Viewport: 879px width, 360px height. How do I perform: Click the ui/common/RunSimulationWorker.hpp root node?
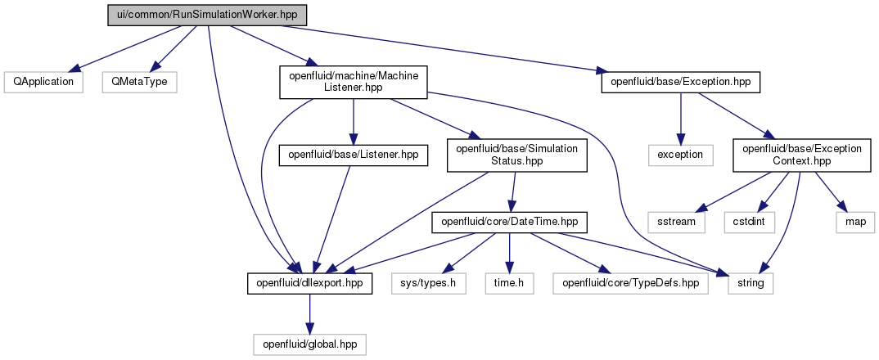click(x=207, y=15)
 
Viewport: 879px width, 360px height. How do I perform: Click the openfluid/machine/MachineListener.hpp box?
click(x=354, y=83)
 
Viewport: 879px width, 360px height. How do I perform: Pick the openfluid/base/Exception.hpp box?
click(x=681, y=83)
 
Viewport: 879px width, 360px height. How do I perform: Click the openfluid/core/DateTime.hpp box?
click(x=509, y=222)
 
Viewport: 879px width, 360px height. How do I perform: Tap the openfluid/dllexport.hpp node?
click(x=309, y=284)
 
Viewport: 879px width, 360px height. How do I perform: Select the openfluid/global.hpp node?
click(x=309, y=344)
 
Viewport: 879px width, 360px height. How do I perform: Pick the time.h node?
click(x=509, y=284)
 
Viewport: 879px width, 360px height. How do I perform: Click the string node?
click(x=751, y=284)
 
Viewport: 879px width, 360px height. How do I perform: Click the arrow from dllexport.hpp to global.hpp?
click(x=309, y=314)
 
